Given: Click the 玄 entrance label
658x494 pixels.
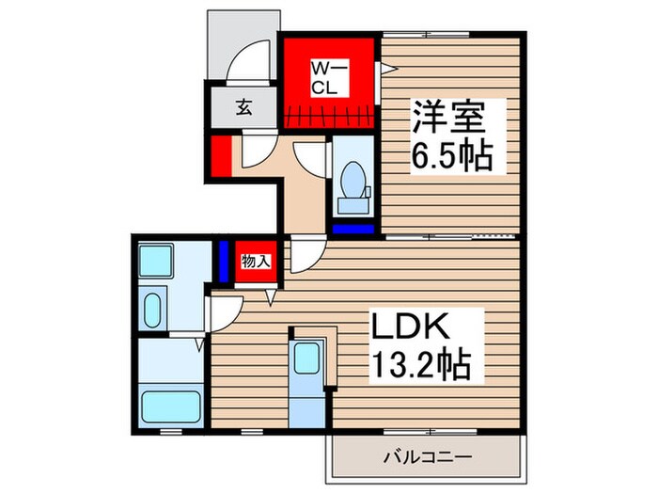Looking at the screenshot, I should coord(243,105).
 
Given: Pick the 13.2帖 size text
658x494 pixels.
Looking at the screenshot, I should coord(420,361).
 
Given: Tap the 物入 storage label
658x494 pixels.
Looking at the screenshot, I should coord(255,261).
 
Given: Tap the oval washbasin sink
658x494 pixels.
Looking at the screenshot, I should coord(154,308).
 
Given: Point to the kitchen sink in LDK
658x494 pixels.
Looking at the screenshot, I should coord(306,359).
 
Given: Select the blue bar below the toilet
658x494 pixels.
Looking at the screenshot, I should coord(354,228).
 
